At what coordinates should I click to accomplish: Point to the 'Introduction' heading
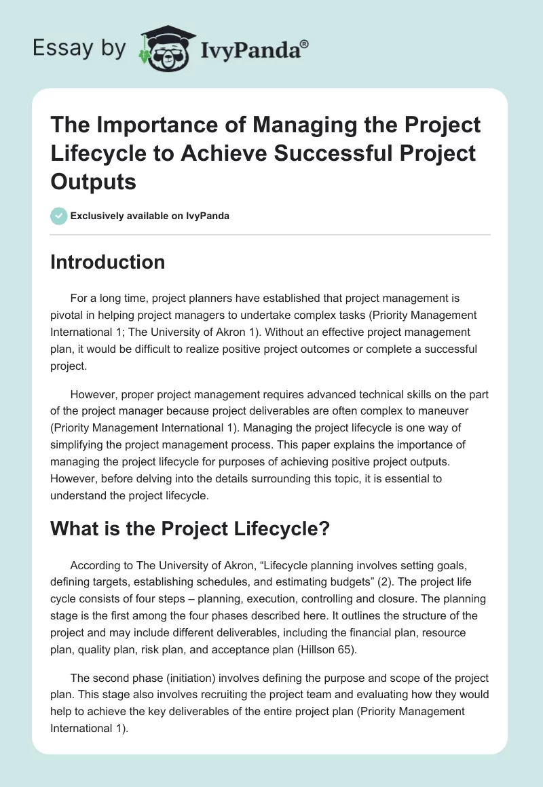pyautogui.click(x=107, y=263)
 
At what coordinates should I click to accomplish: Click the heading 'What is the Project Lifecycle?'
pyautogui.click(x=189, y=529)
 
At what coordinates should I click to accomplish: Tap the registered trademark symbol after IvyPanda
pyautogui.click(x=305, y=43)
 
